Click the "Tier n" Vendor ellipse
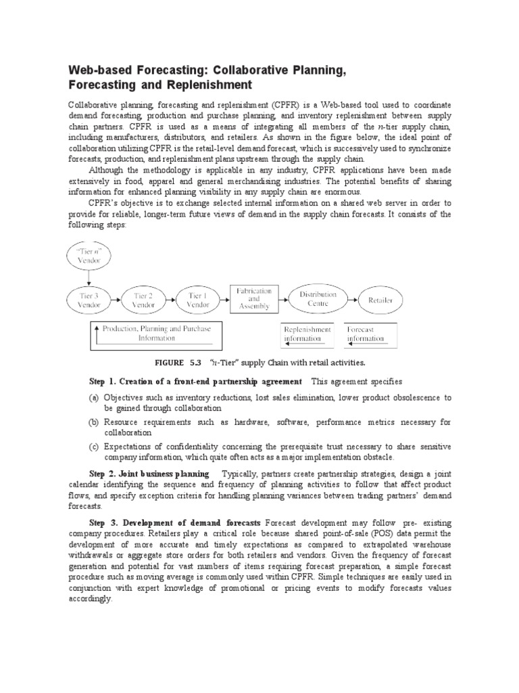(90, 257)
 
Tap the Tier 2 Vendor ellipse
(143, 299)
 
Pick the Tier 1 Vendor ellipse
(198, 299)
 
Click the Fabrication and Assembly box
(253, 298)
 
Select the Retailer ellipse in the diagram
(380, 299)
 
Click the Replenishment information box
(307, 334)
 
